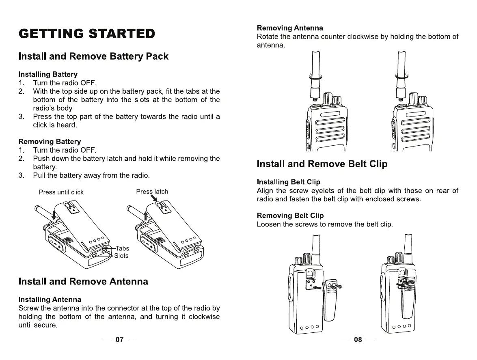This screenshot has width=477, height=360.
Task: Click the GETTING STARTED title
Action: click(87, 33)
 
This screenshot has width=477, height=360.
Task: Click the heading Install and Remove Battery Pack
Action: click(93, 56)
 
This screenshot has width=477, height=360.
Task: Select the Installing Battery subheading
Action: click(48, 74)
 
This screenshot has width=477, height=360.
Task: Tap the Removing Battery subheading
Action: click(50, 141)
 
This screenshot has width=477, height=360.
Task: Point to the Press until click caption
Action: click(61, 192)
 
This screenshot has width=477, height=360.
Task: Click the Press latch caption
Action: click(152, 192)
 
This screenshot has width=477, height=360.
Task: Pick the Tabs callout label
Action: click(122, 248)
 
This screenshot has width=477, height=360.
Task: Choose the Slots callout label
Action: click(121, 256)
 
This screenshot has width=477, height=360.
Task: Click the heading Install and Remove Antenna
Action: click(83, 281)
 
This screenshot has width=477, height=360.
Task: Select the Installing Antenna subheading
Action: click(50, 300)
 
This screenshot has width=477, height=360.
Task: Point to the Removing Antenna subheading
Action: click(290, 28)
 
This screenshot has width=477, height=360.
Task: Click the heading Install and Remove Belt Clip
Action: click(322, 164)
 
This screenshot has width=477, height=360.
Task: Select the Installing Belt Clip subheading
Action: click(289, 182)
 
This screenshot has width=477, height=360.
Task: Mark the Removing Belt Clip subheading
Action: click(290, 216)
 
